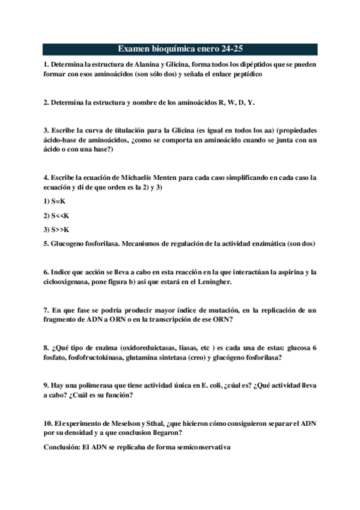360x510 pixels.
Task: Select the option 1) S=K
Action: pyautogui.click(x=55, y=201)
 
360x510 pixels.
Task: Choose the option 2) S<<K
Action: pyautogui.click(x=57, y=215)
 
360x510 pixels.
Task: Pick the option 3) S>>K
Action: pyautogui.click(x=57, y=229)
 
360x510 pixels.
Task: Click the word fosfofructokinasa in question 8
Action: pyautogui.click(x=95, y=357)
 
